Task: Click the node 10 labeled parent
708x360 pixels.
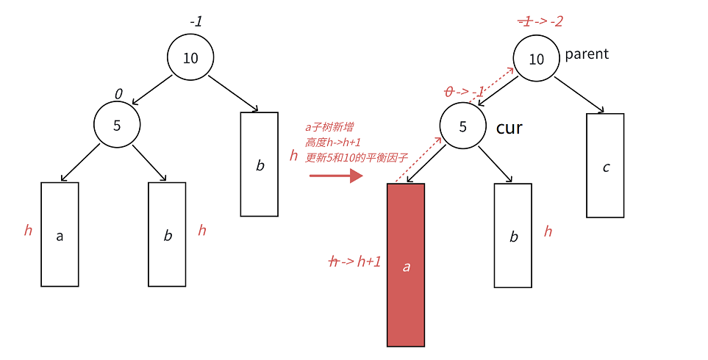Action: [536, 59]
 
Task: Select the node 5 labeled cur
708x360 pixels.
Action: [463, 126]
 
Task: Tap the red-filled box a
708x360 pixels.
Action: [406, 265]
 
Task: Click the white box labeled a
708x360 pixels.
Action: [60, 234]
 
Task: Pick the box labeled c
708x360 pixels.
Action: [605, 165]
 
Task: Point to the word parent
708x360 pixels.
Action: [587, 54]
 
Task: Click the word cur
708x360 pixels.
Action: [509, 128]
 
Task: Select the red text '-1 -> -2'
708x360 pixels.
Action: [540, 21]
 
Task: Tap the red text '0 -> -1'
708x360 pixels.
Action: [464, 92]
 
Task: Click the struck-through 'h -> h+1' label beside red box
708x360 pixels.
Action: [355, 262]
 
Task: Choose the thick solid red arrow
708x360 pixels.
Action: [337, 176]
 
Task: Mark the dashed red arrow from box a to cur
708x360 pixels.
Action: [418, 159]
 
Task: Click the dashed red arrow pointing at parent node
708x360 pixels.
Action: [492, 84]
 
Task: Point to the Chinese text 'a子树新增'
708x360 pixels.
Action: [329, 128]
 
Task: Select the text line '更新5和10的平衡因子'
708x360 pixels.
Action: [357, 158]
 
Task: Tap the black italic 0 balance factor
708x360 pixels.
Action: [118, 94]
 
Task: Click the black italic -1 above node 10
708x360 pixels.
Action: [196, 21]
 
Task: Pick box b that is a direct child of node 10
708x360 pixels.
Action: [260, 165]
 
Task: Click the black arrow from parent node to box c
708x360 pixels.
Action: [579, 95]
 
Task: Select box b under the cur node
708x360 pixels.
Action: [513, 236]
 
